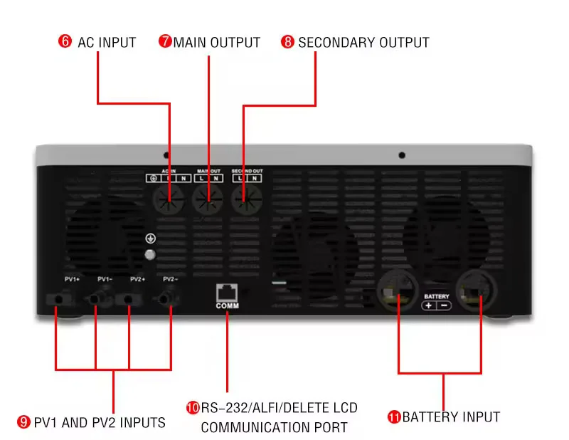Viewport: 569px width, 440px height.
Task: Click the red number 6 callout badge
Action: tap(65, 42)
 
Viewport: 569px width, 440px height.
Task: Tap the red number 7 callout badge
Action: tap(165, 42)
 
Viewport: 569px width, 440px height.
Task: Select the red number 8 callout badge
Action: tap(287, 42)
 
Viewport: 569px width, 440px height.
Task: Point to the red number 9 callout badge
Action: tap(23, 423)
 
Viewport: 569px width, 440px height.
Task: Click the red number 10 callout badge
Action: tap(193, 408)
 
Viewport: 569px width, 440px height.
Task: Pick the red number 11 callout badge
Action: tap(394, 417)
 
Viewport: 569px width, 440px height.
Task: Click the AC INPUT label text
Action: tap(107, 42)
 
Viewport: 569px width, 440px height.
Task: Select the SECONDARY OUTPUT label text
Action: tap(363, 42)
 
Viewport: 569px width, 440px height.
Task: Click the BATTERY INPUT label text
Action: tap(451, 417)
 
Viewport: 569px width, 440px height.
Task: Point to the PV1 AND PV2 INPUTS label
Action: tap(100, 423)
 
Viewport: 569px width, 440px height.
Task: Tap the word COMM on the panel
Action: tap(227, 306)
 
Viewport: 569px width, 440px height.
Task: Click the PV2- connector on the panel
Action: tap(169, 298)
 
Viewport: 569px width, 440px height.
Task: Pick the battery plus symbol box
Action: tap(428, 305)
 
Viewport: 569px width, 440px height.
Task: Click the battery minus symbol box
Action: tap(444, 305)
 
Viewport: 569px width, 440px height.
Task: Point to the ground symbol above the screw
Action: tap(150, 239)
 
